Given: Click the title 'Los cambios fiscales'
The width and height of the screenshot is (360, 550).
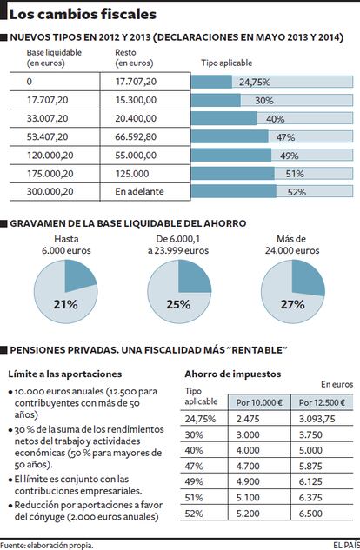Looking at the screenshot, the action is point(83,15).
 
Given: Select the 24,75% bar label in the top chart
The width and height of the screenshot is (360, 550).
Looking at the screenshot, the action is point(255,82).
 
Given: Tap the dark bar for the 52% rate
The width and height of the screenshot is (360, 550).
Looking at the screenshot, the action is point(234,191).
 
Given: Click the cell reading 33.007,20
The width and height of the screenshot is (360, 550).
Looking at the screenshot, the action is point(47,118).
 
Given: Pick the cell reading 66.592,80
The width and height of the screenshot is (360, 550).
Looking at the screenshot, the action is point(136,136).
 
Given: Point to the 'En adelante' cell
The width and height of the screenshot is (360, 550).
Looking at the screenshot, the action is point(139,191).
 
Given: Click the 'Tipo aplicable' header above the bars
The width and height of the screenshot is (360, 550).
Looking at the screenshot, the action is point(227,63).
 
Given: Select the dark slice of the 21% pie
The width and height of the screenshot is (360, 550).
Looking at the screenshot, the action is point(80,275).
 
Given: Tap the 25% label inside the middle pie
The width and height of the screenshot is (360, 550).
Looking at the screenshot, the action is point(178,304).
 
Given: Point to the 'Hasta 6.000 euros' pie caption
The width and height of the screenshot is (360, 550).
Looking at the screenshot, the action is point(66,245).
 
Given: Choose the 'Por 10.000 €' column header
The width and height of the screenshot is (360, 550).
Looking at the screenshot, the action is point(259,402).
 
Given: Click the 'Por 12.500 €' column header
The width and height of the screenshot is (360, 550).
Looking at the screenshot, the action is point(322,402).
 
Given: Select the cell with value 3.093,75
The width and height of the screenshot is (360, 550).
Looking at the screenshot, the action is point(317,419).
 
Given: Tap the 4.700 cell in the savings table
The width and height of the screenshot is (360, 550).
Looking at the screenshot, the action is point(248,467).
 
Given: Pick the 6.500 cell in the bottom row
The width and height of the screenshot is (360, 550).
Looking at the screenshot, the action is point(310,514).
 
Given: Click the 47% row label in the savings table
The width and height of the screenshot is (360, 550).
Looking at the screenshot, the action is point(194,467).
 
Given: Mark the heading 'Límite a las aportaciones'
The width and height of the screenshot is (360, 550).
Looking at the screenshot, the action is point(65,374).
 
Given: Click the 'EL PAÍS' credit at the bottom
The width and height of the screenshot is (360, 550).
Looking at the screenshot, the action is point(347,545).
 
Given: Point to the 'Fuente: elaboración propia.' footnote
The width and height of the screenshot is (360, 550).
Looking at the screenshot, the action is point(47,546).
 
